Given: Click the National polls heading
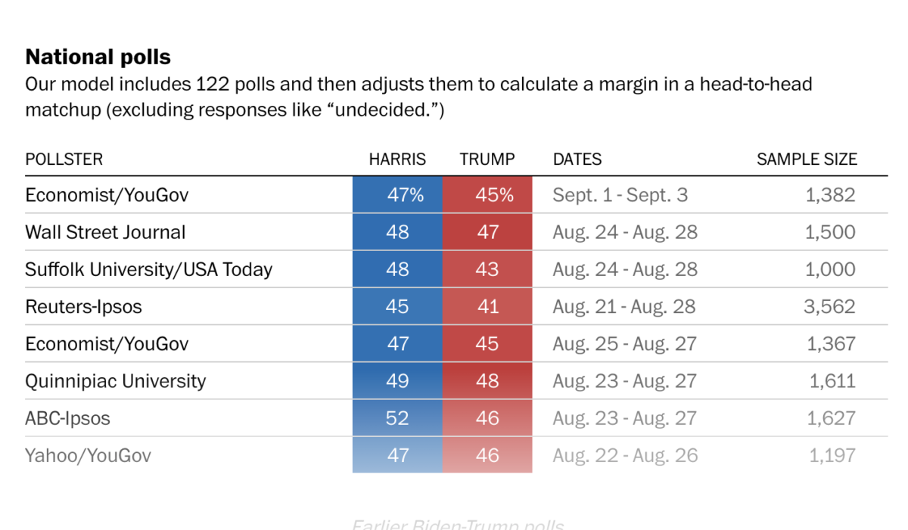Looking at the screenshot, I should point(98,57).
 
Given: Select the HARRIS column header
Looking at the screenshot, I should point(397,160).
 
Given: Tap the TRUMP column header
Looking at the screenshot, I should point(487,160).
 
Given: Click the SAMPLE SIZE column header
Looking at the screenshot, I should point(807,160).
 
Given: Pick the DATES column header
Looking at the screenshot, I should point(577,160).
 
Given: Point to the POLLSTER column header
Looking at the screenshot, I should point(64,160).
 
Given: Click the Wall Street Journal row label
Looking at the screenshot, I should point(105,232).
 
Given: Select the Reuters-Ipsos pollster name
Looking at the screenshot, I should point(83,306).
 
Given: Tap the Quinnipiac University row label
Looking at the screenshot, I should point(115,380).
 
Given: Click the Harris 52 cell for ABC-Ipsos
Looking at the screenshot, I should point(397,417).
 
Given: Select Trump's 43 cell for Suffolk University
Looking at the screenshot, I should point(487,269).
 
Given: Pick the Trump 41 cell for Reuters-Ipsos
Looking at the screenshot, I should point(487,306).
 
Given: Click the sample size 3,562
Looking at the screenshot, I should point(830,306).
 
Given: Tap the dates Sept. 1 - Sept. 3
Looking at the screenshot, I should point(620,195).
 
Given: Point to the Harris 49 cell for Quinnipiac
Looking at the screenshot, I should point(397,380).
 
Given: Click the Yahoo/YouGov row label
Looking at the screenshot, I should point(88,455).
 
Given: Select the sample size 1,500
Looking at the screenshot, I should point(830,232).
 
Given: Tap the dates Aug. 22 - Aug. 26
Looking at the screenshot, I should point(625,455).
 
